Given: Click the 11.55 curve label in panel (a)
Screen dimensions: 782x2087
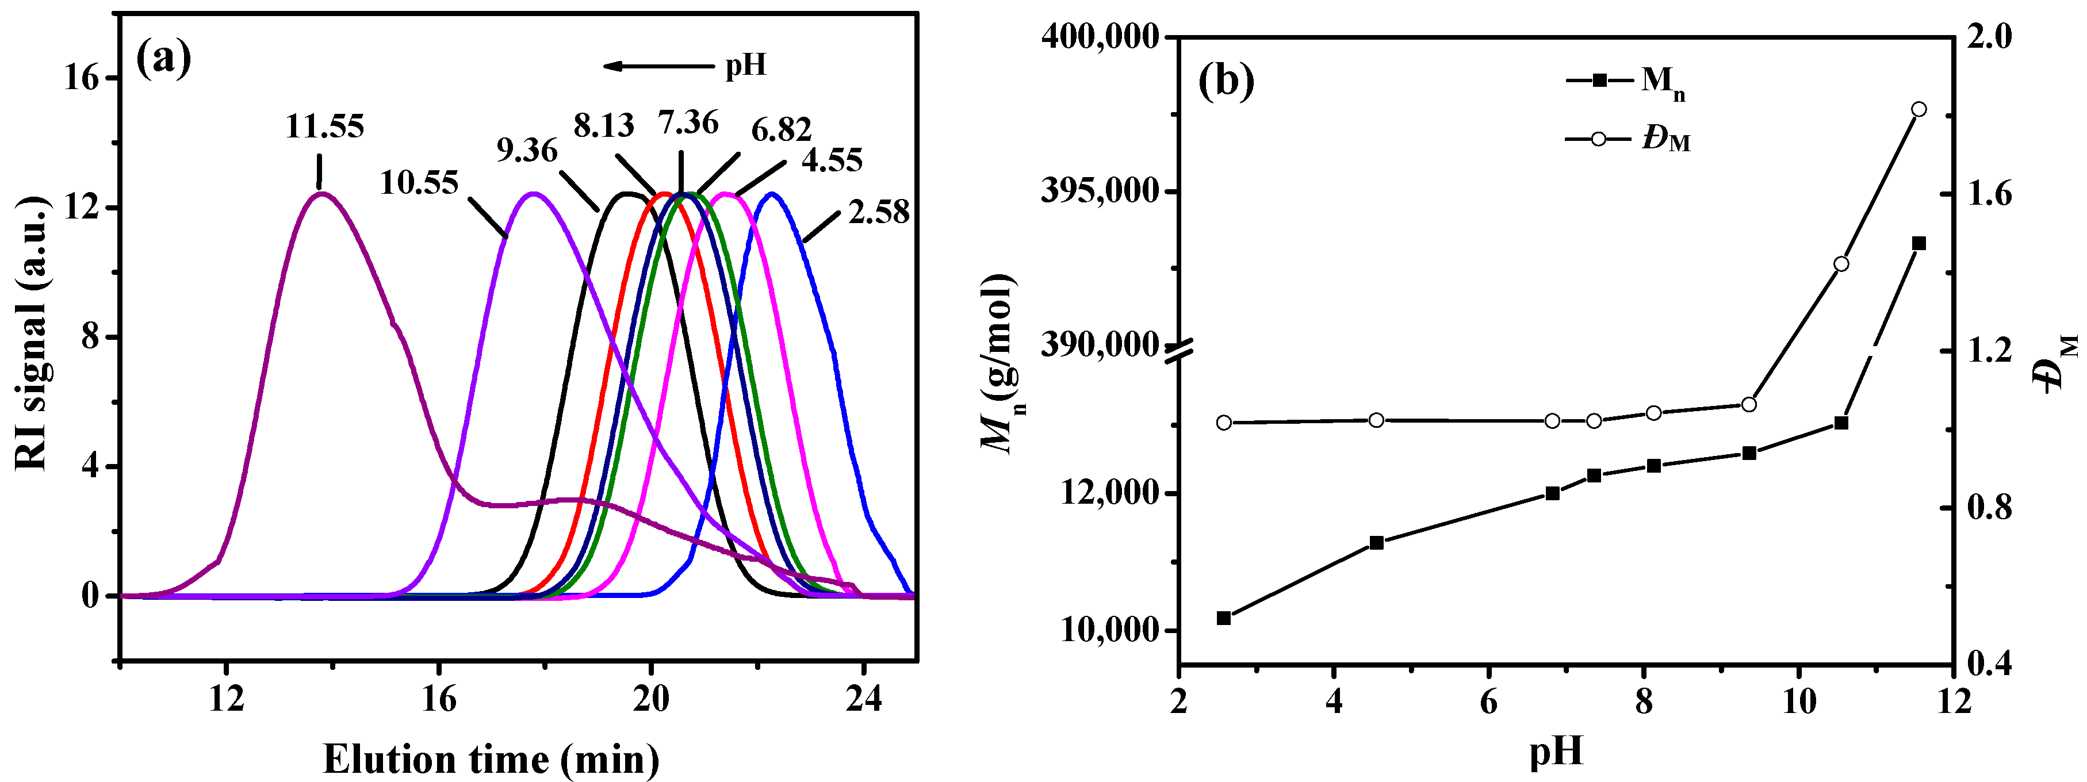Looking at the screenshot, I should click(x=324, y=126).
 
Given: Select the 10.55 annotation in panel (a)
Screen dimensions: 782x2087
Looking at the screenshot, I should click(x=419, y=183).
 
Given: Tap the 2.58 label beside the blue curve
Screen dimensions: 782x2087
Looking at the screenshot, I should click(x=879, y=213).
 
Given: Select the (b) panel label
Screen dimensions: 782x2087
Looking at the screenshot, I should click(x=1226, y=81).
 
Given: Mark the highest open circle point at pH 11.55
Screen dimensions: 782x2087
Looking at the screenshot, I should click(x=1918, y=109).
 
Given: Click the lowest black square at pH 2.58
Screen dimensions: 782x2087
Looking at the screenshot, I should click(x=1223, y=618).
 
